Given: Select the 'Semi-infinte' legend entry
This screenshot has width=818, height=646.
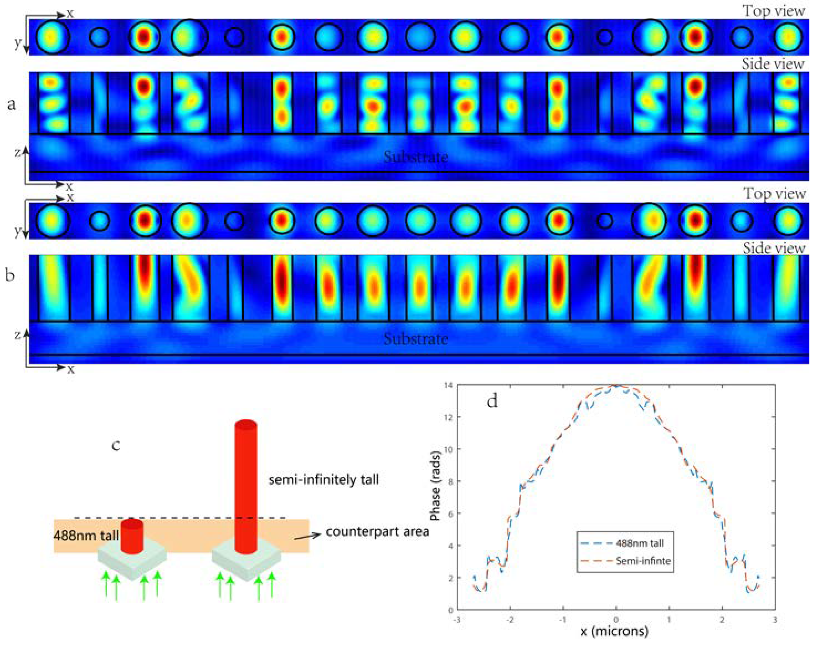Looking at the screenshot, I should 643,561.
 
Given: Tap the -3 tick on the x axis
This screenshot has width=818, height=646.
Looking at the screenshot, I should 457,620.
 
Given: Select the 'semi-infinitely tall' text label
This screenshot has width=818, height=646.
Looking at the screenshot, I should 324,480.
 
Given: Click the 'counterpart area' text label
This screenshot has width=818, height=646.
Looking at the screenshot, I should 377,532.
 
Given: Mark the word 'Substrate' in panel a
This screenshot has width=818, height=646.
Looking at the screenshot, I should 416,157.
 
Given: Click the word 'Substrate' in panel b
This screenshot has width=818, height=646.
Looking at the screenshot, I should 416,338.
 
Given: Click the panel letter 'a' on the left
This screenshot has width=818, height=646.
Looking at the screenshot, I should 11,104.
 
